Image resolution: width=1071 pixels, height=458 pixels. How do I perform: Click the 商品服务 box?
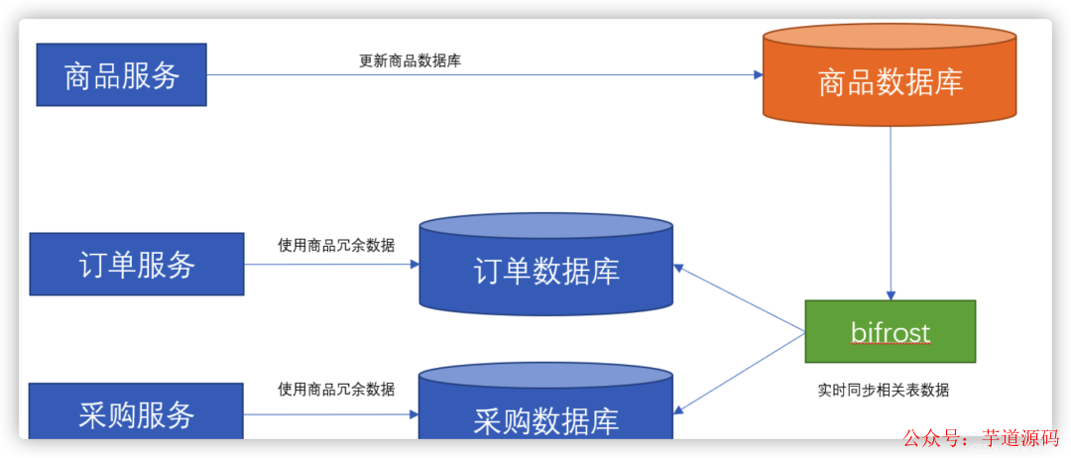pyautogui.click(x=121, y=74)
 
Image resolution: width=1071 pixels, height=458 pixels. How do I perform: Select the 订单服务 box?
pyautogui.click(x=137, y=264)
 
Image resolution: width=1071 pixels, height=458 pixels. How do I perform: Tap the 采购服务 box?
pyautogui.click(x=137, y=412)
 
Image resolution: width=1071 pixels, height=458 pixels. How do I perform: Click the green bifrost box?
pyautogui.click(x=890, y=331)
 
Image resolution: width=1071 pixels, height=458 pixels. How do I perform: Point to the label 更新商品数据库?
pyautogui.click(x=410, y=60)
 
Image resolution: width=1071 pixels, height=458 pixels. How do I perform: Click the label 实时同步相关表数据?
pyautogui.click(x=883, y=390)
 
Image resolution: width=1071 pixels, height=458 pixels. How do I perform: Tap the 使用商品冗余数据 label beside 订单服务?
pyautogui.click(x=336, y=245)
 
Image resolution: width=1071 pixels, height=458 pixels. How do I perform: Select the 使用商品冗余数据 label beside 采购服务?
pyautogui.click(x=336, y=389)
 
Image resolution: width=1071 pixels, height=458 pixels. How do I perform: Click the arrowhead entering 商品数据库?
pyautogui.click(x=758, y=74)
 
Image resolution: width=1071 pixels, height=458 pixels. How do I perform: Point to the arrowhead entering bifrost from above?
pyautogui.click(x=891, y=294)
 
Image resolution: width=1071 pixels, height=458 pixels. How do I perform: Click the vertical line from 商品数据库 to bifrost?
pyautogui.click(x=891, y=208)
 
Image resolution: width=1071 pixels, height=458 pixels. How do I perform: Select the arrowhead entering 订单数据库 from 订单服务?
pyautogui.click(x=414, y=264)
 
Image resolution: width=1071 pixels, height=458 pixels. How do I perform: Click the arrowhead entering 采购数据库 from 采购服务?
pyautogui.click(x=414, y=414)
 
